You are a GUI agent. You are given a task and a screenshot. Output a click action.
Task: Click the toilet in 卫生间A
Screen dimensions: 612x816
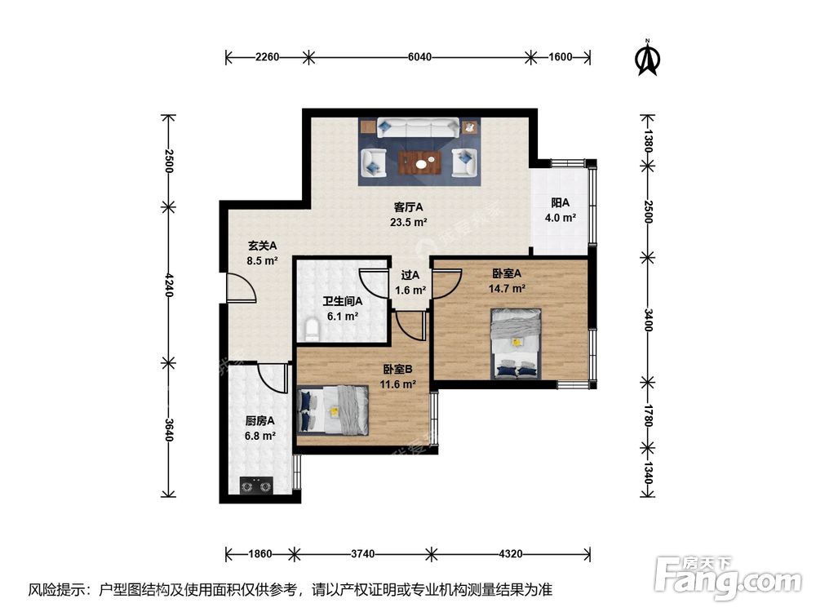pos(311,330)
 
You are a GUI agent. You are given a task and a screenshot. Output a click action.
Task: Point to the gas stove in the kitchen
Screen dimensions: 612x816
pos(255,488)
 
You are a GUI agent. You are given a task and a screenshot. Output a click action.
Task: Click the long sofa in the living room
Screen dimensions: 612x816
pos(419,127)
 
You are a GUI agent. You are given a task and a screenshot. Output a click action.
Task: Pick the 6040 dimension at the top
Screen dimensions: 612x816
pos(419,57)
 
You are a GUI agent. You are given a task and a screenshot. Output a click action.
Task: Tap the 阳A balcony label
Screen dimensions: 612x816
pos(560,203)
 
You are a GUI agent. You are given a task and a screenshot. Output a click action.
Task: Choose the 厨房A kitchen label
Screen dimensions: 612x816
pos(260,421)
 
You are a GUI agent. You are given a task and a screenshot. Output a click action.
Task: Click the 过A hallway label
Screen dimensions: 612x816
pos(410,276)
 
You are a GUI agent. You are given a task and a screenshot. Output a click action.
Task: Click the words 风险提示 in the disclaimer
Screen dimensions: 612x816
pos(59,589)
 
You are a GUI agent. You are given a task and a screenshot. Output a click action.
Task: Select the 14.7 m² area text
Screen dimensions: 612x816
pos(508,288)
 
